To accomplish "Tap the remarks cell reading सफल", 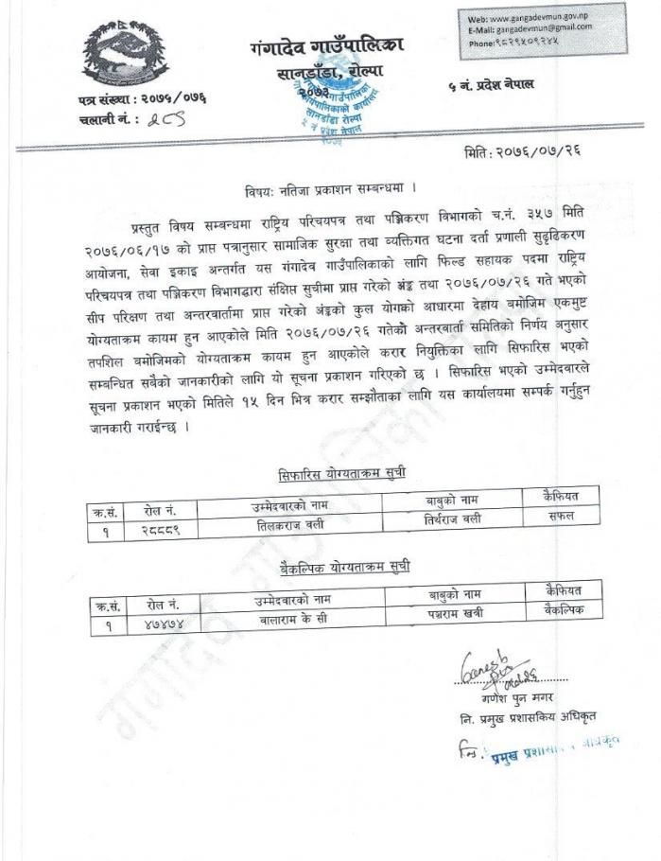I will click(x=561, y=516).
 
